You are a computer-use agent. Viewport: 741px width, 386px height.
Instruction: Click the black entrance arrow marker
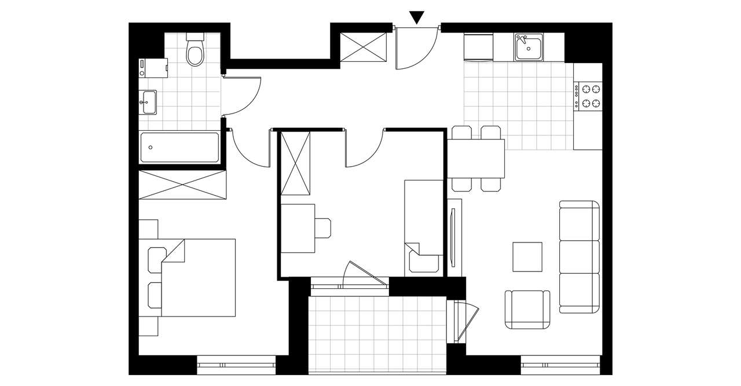pos(417,17)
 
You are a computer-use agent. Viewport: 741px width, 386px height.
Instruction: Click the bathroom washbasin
pos(148,102)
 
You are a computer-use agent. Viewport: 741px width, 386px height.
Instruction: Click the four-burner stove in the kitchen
pos(588,97)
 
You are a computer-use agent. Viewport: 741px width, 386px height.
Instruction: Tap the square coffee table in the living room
pos(527,257)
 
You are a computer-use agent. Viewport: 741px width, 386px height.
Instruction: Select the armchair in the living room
pos(527,310)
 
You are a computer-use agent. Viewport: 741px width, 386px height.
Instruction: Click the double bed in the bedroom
pos(199,278)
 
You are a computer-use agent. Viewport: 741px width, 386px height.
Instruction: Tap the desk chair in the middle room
pos(322,228)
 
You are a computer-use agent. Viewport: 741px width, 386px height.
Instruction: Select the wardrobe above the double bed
pos(182,185)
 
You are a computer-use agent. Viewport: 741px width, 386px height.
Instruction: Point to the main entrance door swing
pos(416,49)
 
